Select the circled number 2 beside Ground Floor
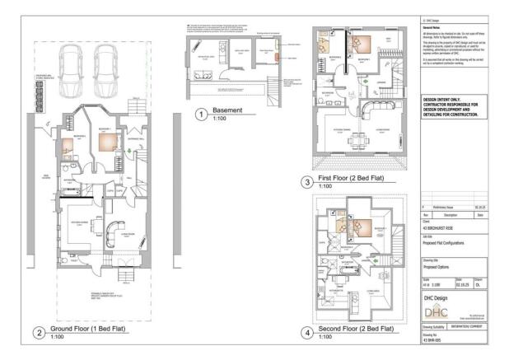tap(38, 334)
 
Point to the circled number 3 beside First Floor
tap(307, 181)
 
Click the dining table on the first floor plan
tap(357, 141)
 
